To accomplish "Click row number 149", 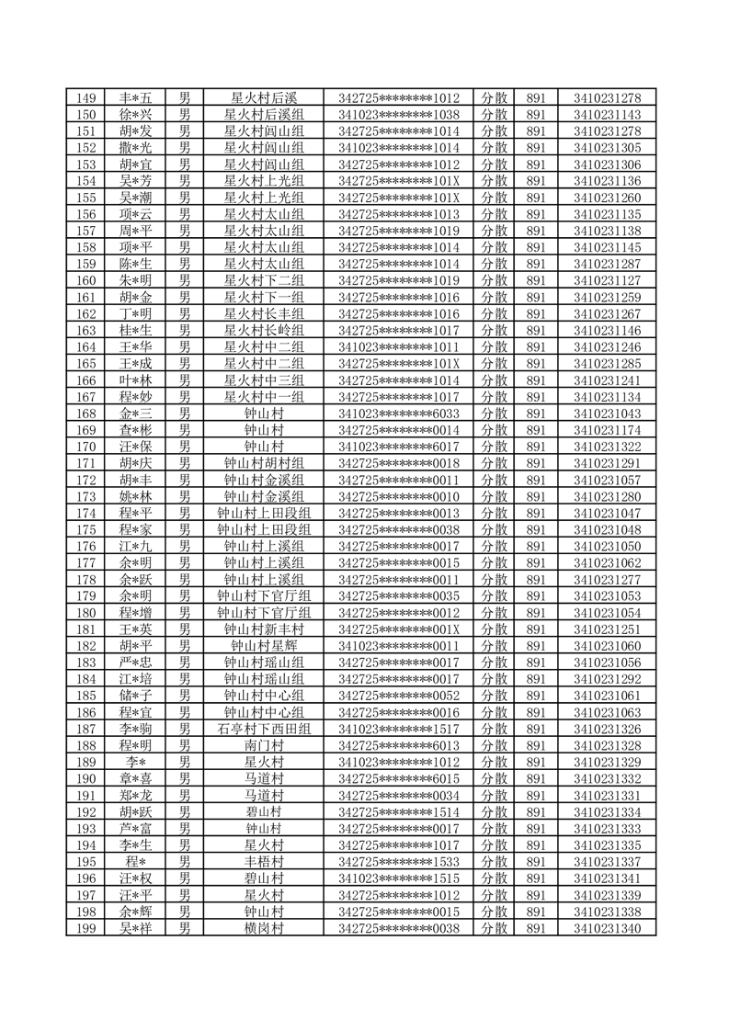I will point(86,98).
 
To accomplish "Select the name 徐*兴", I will point(135,115).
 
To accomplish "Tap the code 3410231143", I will point(607,115).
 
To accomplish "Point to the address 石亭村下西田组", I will point(264,730).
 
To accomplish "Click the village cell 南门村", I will point(264,746).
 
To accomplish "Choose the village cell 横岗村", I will point(264,928).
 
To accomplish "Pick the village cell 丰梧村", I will point(264,862).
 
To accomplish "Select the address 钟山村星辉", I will point(264,646).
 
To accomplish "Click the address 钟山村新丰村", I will point(264,629).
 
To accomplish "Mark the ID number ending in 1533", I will point(399,862).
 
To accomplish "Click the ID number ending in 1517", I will point(399,730).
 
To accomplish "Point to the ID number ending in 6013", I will point(399,746).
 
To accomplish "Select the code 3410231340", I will point(607,928).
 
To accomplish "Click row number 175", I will point(86,530).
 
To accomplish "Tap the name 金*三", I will point(135,414).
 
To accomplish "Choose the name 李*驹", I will point(135,730).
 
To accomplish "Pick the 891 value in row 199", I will point(536,928).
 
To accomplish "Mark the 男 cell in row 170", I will point(185,447).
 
